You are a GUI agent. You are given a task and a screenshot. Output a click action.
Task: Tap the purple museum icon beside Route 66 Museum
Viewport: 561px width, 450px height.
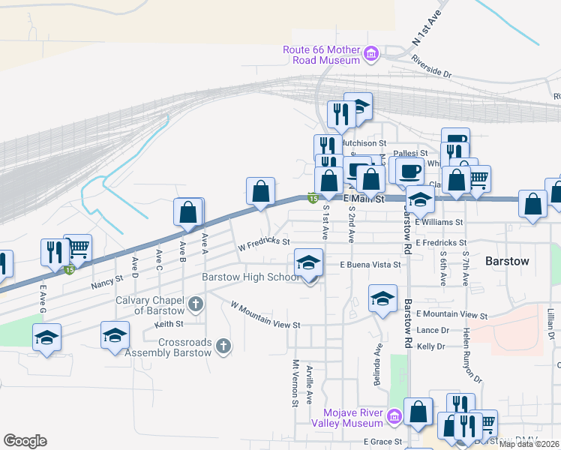(x=370, y=54)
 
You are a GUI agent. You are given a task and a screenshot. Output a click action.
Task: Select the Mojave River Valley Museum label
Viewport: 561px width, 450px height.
(x=352, y=418)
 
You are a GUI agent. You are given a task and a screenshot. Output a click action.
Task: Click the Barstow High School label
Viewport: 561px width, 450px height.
(x=251, y=277)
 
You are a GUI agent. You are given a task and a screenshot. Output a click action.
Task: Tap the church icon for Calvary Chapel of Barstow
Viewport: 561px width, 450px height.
(x=195, y=304)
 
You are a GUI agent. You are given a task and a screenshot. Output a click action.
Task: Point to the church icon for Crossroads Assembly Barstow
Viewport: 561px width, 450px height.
(x=222, y=346)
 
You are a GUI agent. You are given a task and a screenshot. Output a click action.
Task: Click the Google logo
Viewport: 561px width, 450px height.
(x=25, y=440)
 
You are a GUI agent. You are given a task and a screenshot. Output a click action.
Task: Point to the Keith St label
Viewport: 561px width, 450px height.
(x=169, y=324)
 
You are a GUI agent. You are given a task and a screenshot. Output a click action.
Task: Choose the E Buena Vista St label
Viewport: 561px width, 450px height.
(x=370, y=265)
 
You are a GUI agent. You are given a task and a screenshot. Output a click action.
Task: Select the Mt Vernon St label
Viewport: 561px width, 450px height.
(x=295, y=382)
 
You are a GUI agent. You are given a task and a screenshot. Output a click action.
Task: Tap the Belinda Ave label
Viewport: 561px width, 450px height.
(x=379, y=363)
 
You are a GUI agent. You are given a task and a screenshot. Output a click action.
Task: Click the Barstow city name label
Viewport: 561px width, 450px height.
(x=507, y=262)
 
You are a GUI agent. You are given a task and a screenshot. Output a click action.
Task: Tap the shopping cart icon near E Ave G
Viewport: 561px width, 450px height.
(x=78, y=247)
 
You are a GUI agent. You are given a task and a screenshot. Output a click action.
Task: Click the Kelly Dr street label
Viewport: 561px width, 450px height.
(x=432, y=346)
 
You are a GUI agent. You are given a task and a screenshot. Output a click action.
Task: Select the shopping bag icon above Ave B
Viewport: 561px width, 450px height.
(x=188, y=213)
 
